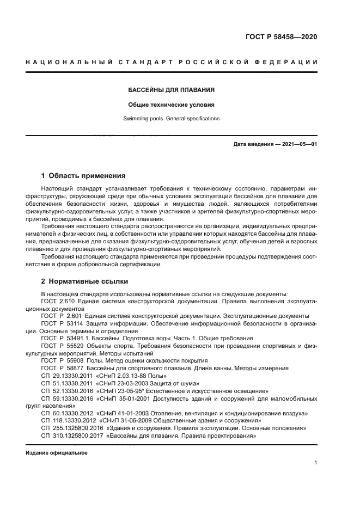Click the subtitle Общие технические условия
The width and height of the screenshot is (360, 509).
point(172,104)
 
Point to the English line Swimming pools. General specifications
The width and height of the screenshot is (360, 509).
point(172,118)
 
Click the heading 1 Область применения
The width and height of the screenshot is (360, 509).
point(83,176)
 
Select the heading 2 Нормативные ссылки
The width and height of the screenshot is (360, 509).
point(84,281)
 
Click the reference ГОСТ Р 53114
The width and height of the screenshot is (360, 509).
point(63,323)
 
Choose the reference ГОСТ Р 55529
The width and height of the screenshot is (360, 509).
point(63,346)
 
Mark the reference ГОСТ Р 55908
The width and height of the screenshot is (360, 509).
point(63,361)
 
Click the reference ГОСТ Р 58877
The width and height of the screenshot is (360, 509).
point(63,369)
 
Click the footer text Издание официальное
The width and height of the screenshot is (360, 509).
point(57,453)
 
